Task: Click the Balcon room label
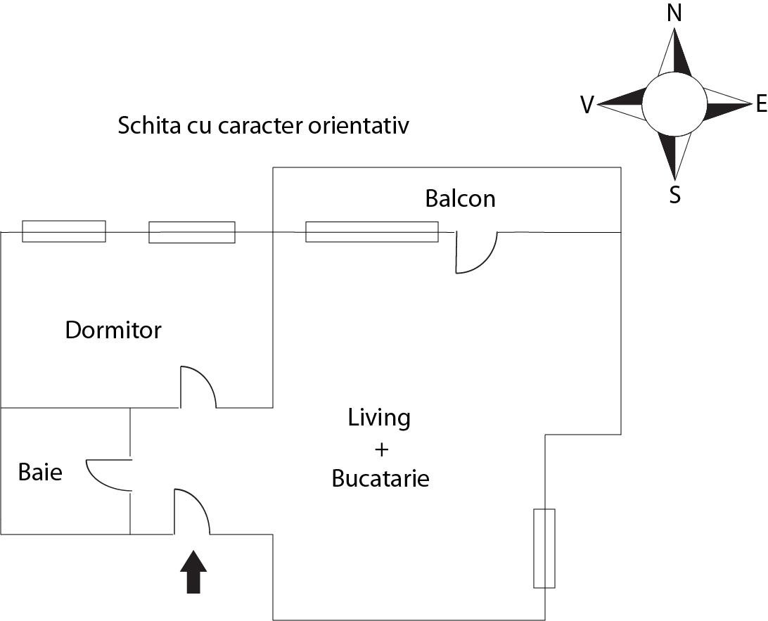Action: [x=460, y=199]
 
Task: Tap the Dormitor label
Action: [x=113, y=330]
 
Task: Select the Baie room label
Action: [x=40, y=472]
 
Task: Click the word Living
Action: [x=379, y=418]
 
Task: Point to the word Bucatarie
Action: [x=380, y=479]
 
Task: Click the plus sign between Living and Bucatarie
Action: [x=379, y=449]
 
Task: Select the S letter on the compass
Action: [x=675, y=194]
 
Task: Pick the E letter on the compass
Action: [x=760, y=105]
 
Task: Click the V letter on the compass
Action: [x=587, y=105]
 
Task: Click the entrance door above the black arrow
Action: [x=191, y=512]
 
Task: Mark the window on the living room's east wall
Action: [x=544, y=548]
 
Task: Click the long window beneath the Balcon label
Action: [x=371, y=231]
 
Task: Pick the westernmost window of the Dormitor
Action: [x=64, y=231]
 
